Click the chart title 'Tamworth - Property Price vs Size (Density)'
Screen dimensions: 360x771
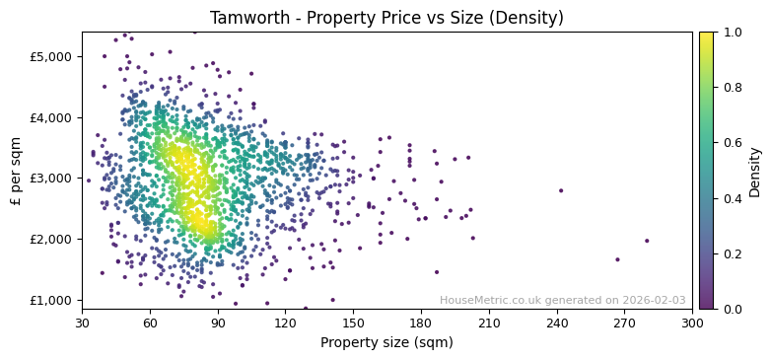point(386,18)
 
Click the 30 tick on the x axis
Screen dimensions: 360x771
point(82,323)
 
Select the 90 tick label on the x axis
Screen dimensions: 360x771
point(218,323)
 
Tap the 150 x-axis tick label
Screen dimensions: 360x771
point(353,323)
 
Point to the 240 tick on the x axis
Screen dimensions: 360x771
point(557,323)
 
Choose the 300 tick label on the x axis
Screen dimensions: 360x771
point(692,323)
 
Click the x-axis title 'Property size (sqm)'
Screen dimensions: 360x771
point(386,342)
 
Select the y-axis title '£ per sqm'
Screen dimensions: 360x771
point(17,171)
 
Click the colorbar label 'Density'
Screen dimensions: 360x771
point(755,171)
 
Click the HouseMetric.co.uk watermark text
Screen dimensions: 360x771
point(562,301)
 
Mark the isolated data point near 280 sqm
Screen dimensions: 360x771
point(647,241)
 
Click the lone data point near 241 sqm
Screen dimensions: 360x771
point(561,190)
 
